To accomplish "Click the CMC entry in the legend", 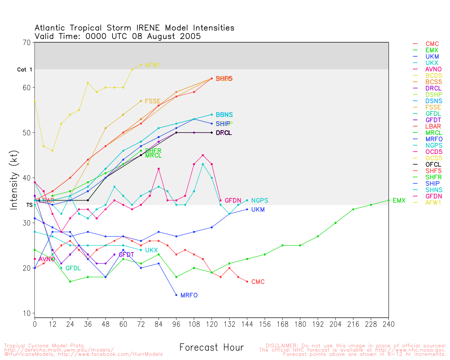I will coord(432,44).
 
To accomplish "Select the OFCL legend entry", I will coord(433,165).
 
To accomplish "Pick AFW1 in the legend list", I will coord(433,202).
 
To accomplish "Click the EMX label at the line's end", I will coord(399,201).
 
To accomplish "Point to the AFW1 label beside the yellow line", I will coord(153,65).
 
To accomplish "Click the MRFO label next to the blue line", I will coord(189,295).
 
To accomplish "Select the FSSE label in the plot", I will coord(153,101).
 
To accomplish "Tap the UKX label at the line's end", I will coord(151,250).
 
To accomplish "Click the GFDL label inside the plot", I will coord(73,268).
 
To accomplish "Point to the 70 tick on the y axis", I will coord(27,43).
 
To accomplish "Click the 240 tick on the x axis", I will coord(388,324).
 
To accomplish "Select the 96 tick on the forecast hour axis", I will coord(176,324).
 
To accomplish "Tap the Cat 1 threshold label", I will coord(25,70).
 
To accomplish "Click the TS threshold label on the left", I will coord(29,205).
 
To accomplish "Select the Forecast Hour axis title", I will coord(211,347).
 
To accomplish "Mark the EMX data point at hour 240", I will coord(388,200).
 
